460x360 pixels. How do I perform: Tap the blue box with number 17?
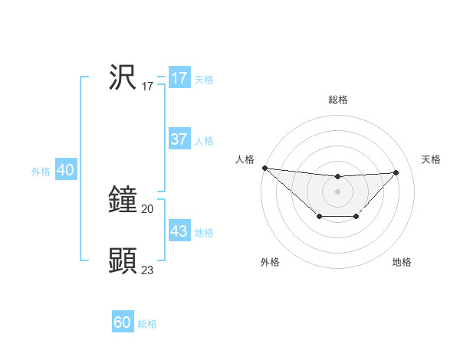click(179, 78)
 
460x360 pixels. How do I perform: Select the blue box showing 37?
click(179, 139)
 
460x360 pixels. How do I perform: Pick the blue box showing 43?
click(179, 231)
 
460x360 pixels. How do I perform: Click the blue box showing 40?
click(65, 171)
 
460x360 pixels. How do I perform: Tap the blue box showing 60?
click(123, 322)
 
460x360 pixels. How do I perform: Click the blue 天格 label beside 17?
click(204, 80)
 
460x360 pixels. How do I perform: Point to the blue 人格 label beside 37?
click(204, 141)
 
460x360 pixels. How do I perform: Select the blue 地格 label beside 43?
click(204, 233)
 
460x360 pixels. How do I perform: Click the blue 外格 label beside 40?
click(41, 172)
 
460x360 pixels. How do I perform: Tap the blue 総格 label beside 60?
click(147, 324)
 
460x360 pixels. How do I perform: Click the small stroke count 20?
click(148, 208)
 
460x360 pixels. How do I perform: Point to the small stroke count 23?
click(148, 270)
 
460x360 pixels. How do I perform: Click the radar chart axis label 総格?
click(337, 100)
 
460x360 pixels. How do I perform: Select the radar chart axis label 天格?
click(431, 159)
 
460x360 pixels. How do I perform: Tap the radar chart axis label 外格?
click(270, 262)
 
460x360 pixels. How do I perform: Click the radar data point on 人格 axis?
click(264, 168)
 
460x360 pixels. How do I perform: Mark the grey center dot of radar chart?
click(337, 191)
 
